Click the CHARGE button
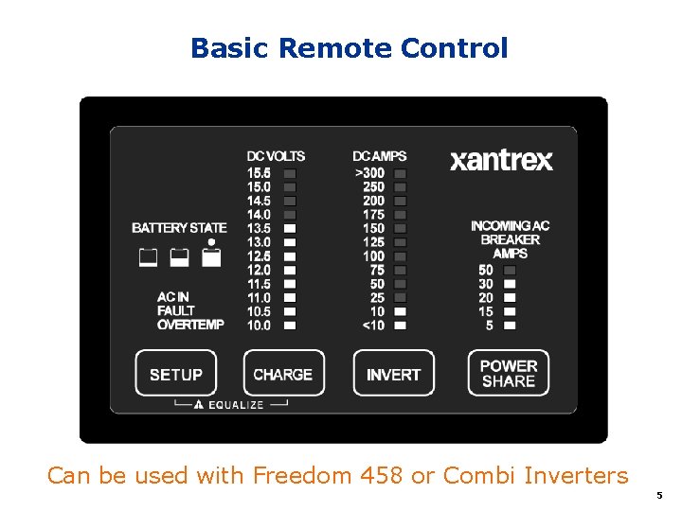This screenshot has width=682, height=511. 283,374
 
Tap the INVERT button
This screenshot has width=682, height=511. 393,374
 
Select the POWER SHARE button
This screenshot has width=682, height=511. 509,373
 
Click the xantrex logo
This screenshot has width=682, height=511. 501,160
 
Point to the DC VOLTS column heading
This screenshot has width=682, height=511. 276,156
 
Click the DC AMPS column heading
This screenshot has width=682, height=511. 380,156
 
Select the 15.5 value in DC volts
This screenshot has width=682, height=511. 259,173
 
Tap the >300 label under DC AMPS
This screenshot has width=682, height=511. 369,173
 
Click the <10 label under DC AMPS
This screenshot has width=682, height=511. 373,326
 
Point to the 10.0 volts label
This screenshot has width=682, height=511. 259,326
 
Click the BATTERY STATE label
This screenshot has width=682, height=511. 179,228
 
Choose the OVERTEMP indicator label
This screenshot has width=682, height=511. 190,325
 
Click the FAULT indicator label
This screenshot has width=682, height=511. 176,310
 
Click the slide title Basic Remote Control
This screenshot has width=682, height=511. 349,48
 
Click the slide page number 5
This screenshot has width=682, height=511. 659,495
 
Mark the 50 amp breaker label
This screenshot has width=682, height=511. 486,270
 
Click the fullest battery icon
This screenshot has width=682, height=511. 211,256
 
